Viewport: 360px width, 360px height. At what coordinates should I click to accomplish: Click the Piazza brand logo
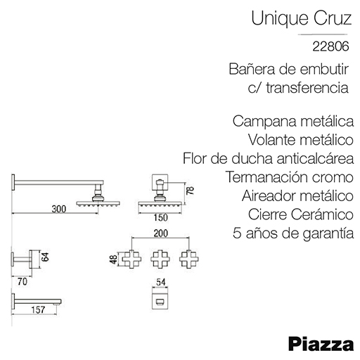point(321,345)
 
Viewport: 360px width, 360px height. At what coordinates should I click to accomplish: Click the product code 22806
point(330,46)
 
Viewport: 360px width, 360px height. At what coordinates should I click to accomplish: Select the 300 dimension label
point(59,209)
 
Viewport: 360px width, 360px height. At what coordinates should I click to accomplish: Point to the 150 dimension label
point(161,218)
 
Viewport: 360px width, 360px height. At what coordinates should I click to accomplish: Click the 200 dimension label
point(161,233)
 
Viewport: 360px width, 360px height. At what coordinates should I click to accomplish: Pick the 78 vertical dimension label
point(191,191)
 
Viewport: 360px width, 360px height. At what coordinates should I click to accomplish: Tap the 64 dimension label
point(45,257)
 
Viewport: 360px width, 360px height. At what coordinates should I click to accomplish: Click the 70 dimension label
point(22,281)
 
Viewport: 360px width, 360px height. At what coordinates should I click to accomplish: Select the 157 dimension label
point(38,310)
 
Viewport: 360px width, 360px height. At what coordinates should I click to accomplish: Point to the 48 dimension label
point(114,259)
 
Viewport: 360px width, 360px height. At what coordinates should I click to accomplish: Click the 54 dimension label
point(161,282)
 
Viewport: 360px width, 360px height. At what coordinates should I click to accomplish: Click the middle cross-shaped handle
point(160,259)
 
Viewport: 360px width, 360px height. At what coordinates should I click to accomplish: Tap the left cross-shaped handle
point(131,259)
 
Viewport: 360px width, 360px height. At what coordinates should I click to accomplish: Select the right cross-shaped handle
point(189,259)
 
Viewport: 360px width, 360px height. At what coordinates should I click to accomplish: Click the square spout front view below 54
point(160,301)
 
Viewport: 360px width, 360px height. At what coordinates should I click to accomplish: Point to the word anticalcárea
point(315,158)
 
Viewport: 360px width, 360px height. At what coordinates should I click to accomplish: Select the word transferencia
point(307,88)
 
